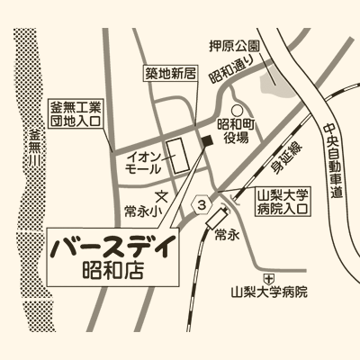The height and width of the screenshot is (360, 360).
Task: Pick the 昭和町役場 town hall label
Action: point(236,132)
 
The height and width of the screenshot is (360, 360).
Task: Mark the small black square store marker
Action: point(206,141)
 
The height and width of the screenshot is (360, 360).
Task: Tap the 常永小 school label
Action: point(140,211)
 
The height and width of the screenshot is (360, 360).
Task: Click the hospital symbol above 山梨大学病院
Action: point(268,277)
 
